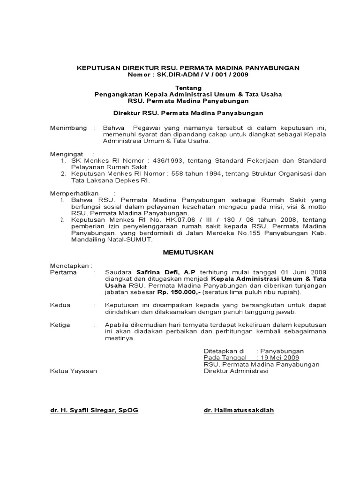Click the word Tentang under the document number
pyautogui.click(x=188, y=88)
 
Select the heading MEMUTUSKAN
pyautogui.click(x=188, y=252)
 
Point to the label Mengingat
pyautogui.click(x=67, y=154)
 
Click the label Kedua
pyautogui.click(x=60, y=305)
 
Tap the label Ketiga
pyautogui.click(x=60, y=324)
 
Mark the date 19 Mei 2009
pyautogui.click(x=282, y=357)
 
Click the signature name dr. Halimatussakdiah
pyautogui.click(x=239, y=410)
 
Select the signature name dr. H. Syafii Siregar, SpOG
pyautogui.click(x=94, y=410)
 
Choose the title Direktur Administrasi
pyautogui.click(x=235, y=371)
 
